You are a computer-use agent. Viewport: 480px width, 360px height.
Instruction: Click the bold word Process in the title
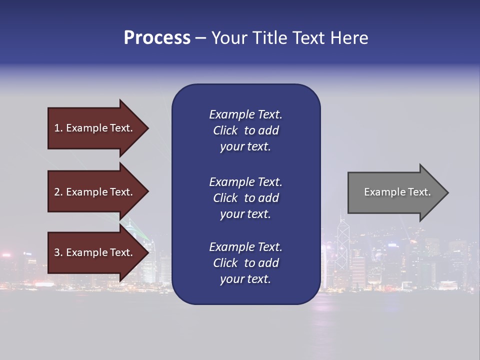pos(157,38)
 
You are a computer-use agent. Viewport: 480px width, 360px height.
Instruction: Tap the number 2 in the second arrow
pos(57,192)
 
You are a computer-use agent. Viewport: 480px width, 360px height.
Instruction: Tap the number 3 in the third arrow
pos(57,252)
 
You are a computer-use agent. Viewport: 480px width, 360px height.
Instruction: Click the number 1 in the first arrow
pos(57,128)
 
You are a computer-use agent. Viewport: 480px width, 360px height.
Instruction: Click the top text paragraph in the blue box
pos(245,130)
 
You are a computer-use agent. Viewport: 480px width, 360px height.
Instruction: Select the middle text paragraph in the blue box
pos(245,198)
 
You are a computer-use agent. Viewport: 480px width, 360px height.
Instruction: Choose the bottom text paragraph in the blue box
pos(245,263)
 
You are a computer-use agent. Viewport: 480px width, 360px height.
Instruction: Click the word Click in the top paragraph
pos(225,130)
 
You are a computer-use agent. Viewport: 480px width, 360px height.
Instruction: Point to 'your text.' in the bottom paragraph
pos(245,279)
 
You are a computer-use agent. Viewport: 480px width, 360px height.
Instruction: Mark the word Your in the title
pos(228,38)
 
